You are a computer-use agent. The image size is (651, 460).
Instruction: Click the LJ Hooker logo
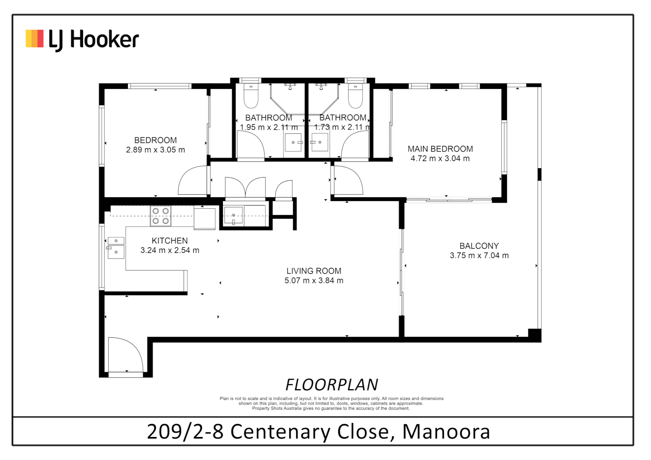point(82,40)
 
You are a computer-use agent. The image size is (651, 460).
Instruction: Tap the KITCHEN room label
point(170,241)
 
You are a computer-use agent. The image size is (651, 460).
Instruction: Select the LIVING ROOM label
point(314,271)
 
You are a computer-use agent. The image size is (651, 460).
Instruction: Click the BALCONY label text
point(479,246)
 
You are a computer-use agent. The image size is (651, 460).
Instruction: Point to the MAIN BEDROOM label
point(440,149)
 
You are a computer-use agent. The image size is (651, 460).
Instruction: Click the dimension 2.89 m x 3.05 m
point(156,150)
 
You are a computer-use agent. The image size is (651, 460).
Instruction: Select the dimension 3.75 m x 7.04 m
point(479,256)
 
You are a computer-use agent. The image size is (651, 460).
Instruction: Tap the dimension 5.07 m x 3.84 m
point(314,281)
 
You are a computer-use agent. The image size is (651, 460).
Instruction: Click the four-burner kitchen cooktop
point(161,216)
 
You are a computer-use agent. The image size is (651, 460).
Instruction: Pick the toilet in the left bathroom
point(251,97)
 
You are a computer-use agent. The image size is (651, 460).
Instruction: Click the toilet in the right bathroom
point(355,97)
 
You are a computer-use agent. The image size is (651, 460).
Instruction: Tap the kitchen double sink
point(115,247)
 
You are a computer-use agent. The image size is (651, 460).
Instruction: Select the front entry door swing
point(125,354)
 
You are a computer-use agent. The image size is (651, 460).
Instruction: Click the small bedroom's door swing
point(193,181)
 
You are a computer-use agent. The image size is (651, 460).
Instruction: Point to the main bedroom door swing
point(348,180)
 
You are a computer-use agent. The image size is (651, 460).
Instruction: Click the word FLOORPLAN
point(331,385)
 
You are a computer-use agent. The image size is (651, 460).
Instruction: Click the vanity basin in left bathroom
point(293,142)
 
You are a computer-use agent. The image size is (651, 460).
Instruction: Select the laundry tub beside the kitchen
point(233,215)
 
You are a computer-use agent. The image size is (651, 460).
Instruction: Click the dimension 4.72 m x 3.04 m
point(440,158)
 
